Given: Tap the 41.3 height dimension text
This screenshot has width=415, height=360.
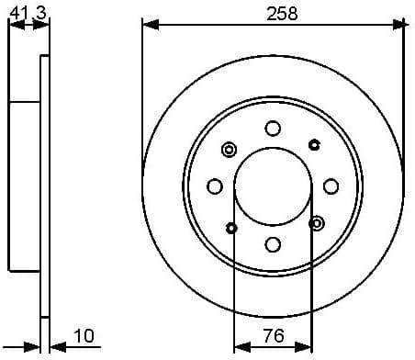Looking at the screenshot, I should [x=26, y=11].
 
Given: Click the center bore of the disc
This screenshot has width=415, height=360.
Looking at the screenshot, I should [x=273, y=186].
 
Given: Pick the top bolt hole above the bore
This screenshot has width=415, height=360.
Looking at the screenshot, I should [x=273, y=129].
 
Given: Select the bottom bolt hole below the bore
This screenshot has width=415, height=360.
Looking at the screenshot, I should [x=273, y=244].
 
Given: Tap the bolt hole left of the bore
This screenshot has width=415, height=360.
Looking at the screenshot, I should [x=215, y=186].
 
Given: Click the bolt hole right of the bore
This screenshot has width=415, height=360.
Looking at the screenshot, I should [x=331, y=186].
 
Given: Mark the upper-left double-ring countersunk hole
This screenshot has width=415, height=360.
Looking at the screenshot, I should [x=230, y=149].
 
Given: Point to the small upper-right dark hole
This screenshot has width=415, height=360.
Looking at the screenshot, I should [x=314, y=144].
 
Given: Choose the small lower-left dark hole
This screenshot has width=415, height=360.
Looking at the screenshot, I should [x=231, y=227].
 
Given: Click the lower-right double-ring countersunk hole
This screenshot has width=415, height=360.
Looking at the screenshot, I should [x=317, y=223].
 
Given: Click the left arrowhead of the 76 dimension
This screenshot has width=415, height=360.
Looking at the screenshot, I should [x=241, y=347].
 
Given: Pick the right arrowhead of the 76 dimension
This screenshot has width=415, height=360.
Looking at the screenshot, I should [x=305, y=347].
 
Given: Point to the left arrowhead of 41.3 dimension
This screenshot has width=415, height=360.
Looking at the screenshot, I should [x=14, y=25].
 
